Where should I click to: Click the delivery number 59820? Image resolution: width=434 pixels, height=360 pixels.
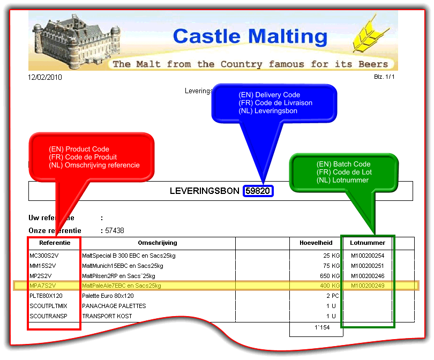coord(259,191)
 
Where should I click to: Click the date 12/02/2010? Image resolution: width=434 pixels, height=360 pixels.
coord(45,77)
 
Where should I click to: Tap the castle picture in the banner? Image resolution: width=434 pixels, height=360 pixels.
coord(67,40)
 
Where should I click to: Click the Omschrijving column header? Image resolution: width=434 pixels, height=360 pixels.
coord(158,243)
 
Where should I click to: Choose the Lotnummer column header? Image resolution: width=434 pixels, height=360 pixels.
coord(368,243)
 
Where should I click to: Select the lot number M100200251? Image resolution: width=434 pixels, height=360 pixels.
coord(368,266)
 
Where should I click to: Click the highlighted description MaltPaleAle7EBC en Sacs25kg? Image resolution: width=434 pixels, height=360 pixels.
coord(122,286)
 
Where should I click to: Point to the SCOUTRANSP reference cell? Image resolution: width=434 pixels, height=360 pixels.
coord(48,316)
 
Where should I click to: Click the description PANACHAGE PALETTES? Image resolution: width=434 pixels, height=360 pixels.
coord(114,306)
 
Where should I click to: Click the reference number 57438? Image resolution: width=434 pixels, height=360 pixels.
coord(114,230)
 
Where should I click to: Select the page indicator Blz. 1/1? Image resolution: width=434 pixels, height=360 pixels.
coord(386,77)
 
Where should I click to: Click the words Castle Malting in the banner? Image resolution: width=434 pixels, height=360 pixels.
coord(250,36)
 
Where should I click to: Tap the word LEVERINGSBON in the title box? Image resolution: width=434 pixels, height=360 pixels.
coord(204,191)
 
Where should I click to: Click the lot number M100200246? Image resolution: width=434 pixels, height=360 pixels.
coord(368,276)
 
